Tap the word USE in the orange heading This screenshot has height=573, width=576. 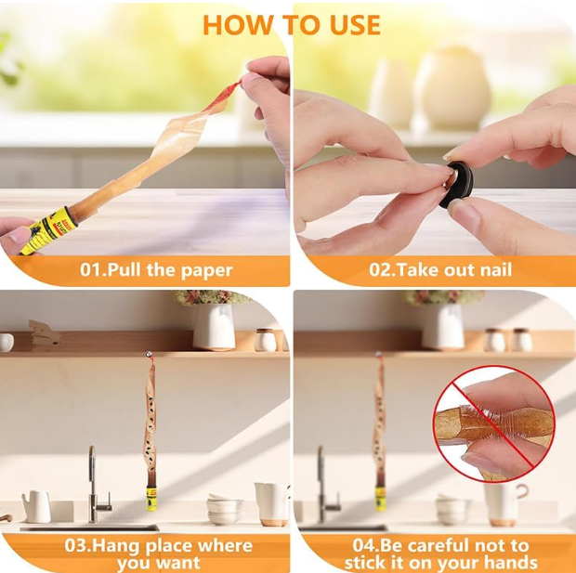tap(355, 25)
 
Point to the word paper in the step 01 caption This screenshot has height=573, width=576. tap(206, 271)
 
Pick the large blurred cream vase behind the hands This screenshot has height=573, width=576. tap(452, 87)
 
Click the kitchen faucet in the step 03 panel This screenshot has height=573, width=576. tap(98, 484)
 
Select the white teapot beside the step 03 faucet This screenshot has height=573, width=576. tap(37, 506)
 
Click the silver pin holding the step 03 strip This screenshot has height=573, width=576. tap(149, 355)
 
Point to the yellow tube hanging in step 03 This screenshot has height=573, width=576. tap(151, 498)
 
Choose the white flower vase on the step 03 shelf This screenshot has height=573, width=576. tap(215, 327)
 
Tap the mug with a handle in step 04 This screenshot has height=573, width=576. tap(505, 504)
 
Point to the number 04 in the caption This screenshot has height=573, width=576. tap(365, 545)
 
